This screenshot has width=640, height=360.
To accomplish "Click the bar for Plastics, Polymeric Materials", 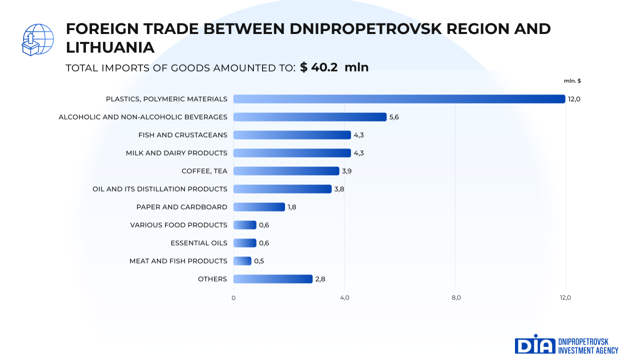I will [399, 99].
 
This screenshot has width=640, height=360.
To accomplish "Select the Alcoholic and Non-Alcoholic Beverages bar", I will [310, 117].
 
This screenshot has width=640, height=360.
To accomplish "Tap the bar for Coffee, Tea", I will [286, 171].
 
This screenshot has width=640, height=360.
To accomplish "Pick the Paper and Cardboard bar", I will [259, 207].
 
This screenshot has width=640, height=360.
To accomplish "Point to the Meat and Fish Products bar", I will [242, 261].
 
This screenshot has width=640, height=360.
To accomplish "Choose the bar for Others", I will [272, 279].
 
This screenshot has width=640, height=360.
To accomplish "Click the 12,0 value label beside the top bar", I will [574, 99].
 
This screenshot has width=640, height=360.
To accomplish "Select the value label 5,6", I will [394, 117].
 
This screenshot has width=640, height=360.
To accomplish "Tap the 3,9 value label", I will [346, 171].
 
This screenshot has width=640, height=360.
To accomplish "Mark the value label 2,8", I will [320, 279].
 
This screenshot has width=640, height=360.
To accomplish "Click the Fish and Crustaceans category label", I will [182, 135].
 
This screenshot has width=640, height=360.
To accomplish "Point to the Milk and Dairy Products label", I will [176, 153].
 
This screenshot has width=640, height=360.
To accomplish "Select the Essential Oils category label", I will [199, 243].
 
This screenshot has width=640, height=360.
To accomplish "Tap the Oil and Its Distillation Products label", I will [160, 189].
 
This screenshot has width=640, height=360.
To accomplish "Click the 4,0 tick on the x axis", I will [344, 298].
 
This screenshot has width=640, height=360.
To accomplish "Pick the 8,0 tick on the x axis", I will [456, 298].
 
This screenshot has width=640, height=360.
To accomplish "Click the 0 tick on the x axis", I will [233, 298].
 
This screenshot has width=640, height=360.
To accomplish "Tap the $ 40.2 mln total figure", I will [334, 67].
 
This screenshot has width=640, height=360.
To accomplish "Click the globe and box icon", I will [37, 39].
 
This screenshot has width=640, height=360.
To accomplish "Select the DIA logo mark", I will [535, 344].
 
